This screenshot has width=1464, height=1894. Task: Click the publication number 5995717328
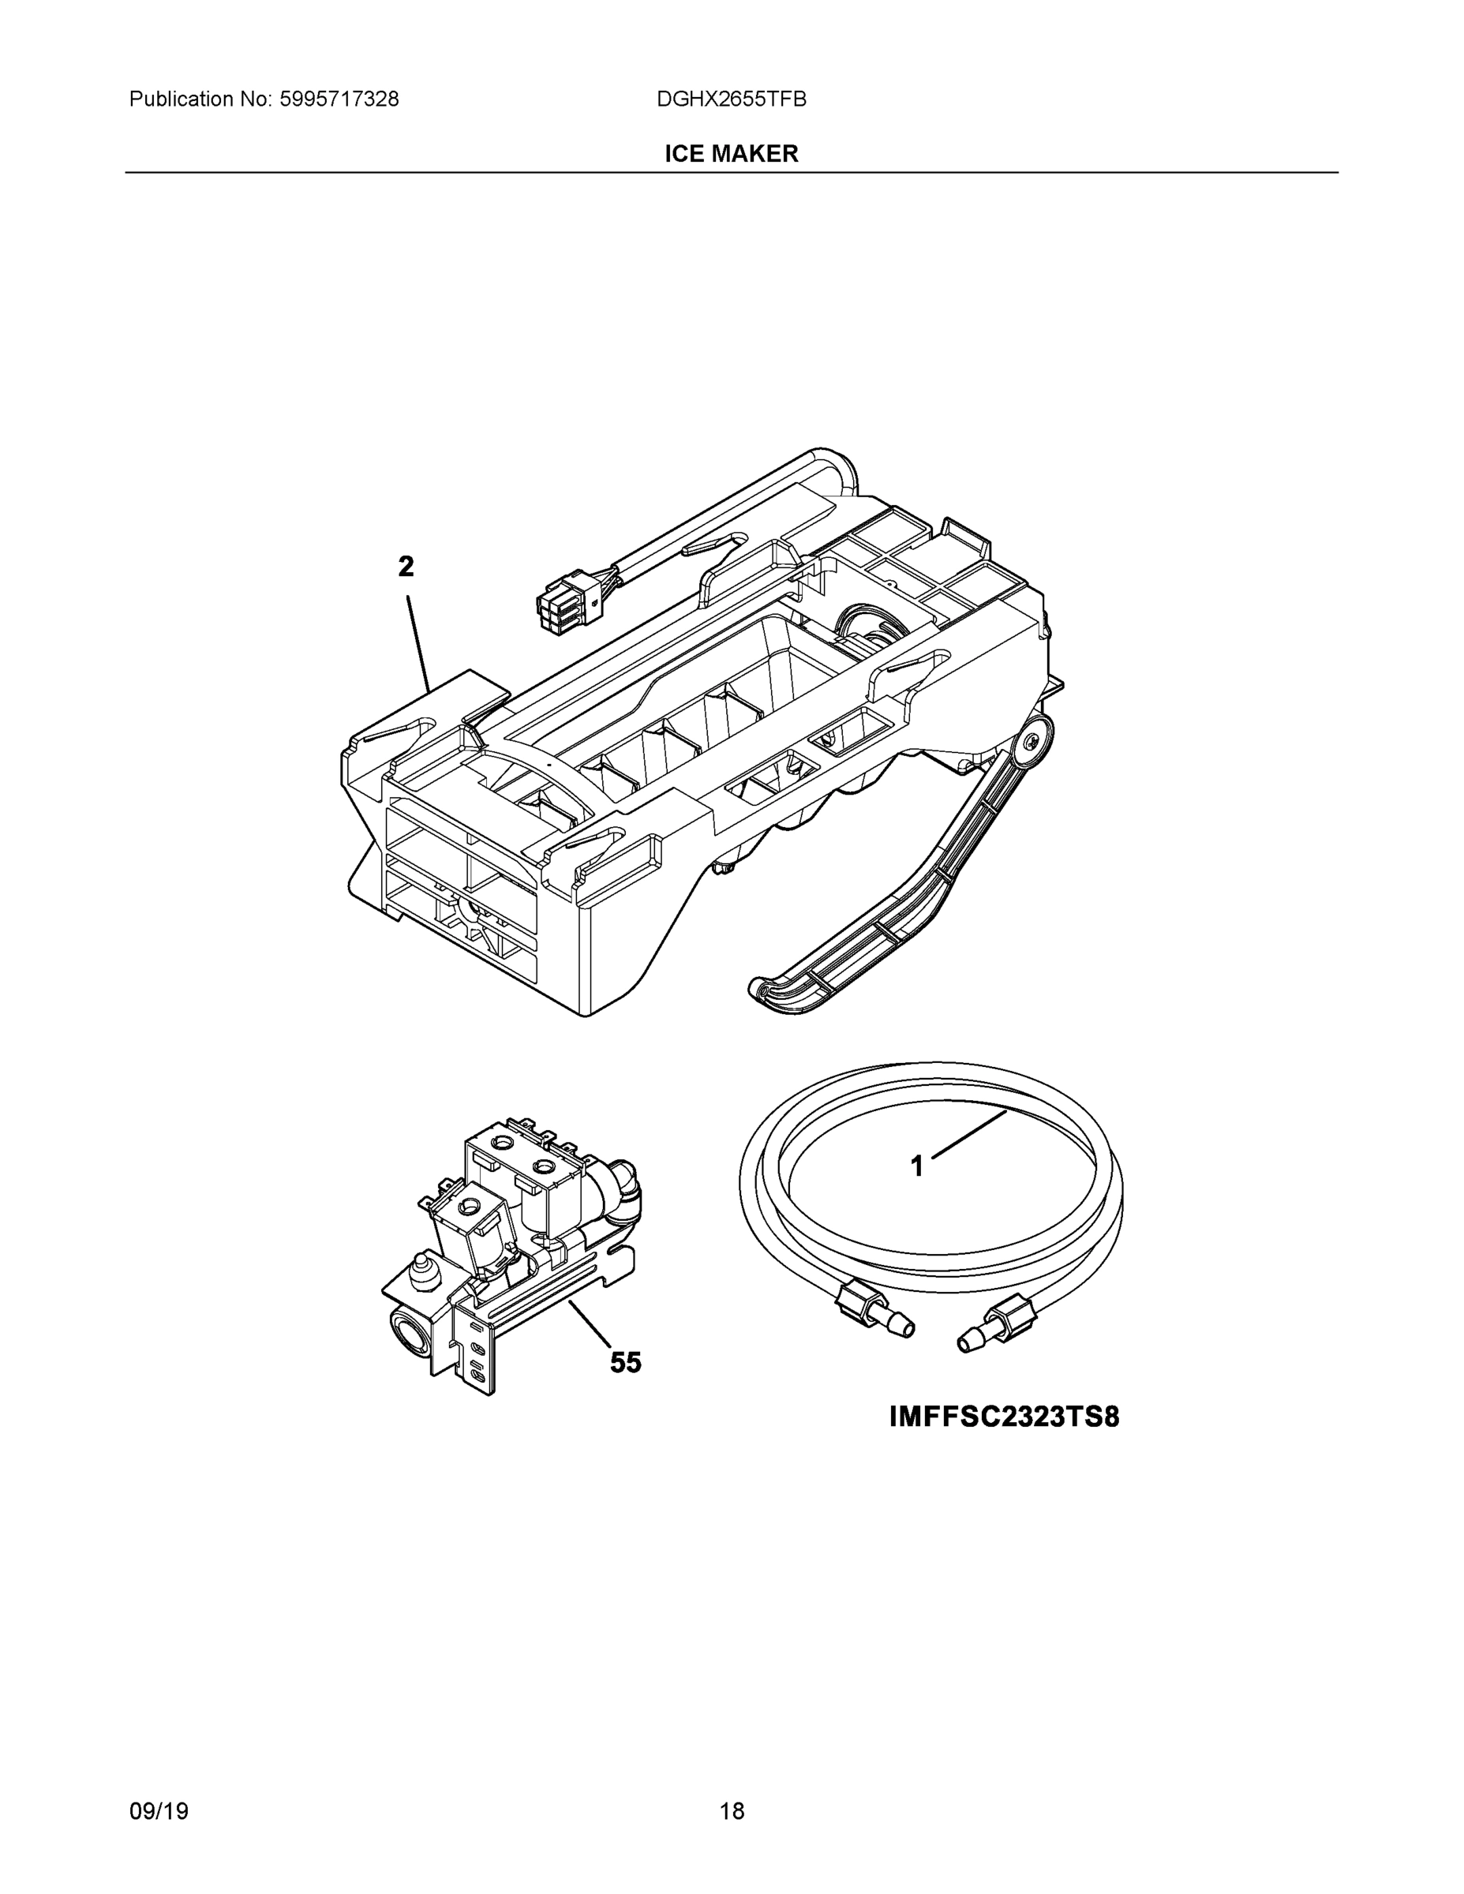[x=339, y=99]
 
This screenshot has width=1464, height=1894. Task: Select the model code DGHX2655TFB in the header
[x=731, y=99]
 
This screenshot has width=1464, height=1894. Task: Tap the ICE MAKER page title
[x=731, y=154]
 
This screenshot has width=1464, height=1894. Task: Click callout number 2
[x=406, y=567]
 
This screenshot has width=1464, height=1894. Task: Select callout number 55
[x=625, y=1362]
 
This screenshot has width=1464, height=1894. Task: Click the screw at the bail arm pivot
[x=1031, y=742]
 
